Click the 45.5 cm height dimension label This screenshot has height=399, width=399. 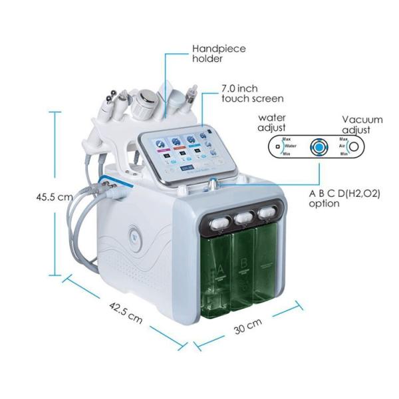tap(55, 197)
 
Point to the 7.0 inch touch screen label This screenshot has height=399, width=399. tap(245, 92)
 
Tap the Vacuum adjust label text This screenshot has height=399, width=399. tap(362, 124)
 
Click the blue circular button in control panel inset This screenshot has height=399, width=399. tap(321, 146)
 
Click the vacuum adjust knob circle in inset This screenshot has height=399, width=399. tap(355, 146)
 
